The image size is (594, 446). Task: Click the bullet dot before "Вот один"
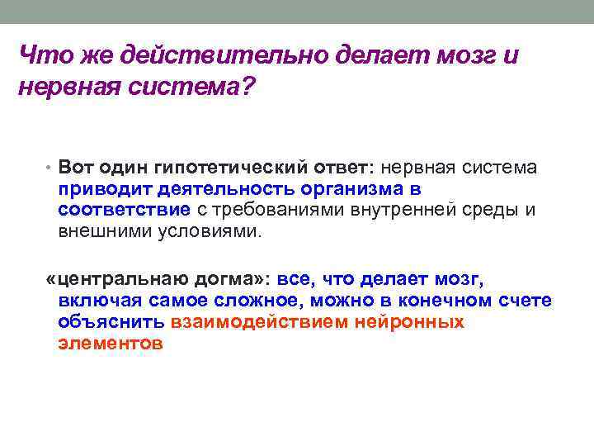pyautogui.click(x=50, y=168)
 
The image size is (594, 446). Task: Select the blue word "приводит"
pyautogui.click(x=96, y=189)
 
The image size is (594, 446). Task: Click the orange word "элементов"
pyautogui.click(x=111, y=343)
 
